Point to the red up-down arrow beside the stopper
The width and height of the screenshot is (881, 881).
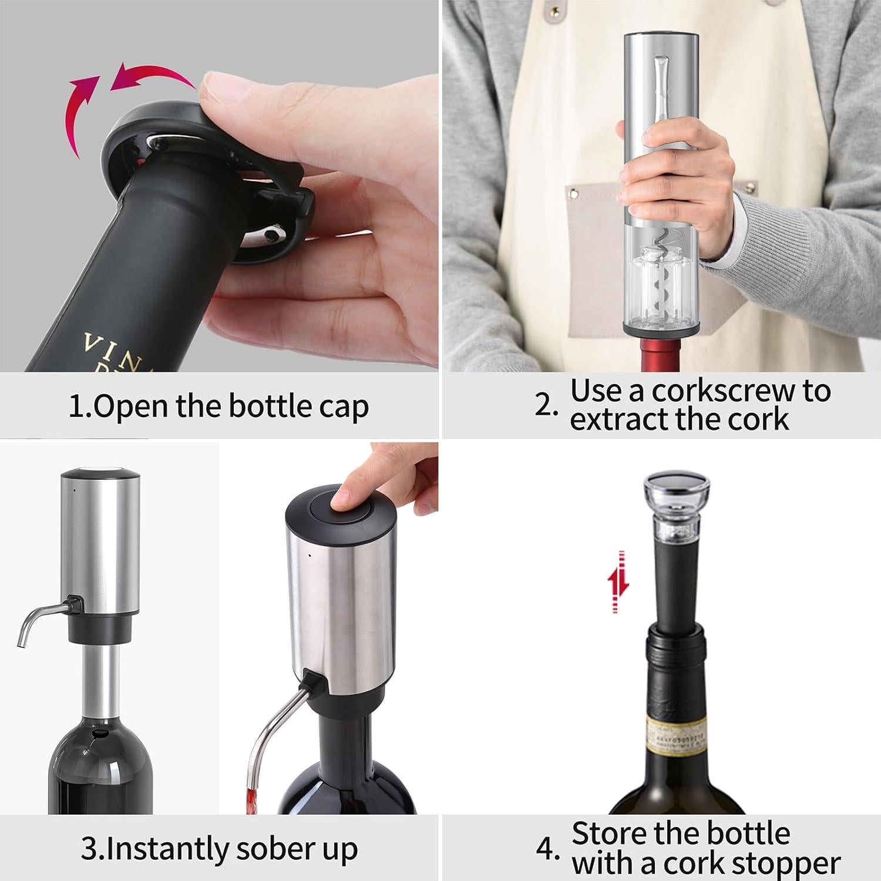pyautogui.click(x=617, y=582)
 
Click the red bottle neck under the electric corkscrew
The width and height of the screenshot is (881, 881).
pyautogui.click(x=660, y=355)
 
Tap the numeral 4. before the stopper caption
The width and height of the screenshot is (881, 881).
pyautogui.click(x=547, y=849)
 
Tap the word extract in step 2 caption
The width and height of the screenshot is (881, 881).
pyautogui.click(x=629, y=420)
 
